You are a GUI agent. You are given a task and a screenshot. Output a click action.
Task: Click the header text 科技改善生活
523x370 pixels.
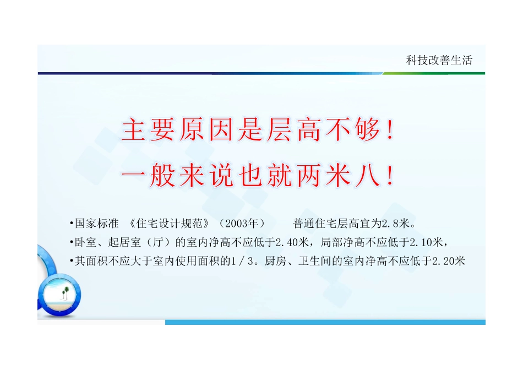439,61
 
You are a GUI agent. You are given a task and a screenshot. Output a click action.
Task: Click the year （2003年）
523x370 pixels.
242,224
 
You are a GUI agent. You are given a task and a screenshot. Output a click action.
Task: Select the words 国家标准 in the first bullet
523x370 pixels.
97,224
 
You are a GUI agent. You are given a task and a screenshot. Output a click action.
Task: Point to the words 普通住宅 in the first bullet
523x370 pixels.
313,224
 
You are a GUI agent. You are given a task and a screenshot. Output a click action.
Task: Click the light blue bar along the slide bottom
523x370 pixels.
325,322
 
